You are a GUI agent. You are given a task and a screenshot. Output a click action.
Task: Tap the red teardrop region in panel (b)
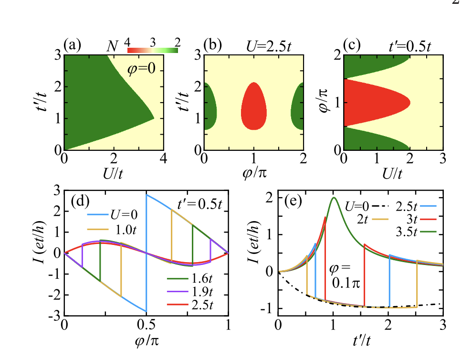tap(254, 107)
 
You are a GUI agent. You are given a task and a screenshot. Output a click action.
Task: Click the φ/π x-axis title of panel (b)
tap(254, 174)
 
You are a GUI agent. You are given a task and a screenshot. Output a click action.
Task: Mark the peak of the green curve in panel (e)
tap(334, 198)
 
